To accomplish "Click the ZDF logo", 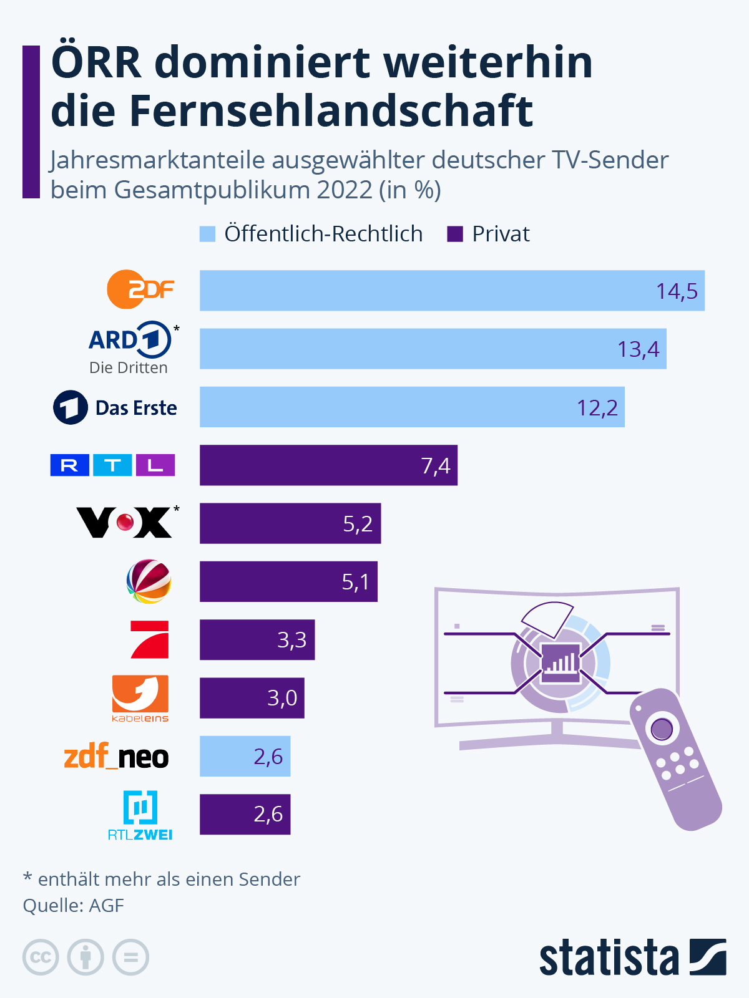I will point(140,289).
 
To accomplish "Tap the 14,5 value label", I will point(677,291).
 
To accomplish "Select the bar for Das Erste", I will point(412,407).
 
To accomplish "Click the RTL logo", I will point(112,465).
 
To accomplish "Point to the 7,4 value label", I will point(435,466).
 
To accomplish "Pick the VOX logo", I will point(125,522).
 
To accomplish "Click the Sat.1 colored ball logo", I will point(149,581).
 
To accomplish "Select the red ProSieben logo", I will point(150,639).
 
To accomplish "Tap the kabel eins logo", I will point(140,698).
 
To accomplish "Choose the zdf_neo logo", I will point(117,757).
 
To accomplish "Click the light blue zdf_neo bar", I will point(245,756).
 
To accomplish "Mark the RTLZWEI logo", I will point(140,815).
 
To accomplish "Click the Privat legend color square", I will point(455,234).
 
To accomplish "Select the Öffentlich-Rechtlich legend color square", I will point(207,234).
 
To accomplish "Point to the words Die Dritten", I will point(128,368).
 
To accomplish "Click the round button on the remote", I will point(662,729).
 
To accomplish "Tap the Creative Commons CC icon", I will point(41,957).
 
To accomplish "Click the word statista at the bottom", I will point(609,957).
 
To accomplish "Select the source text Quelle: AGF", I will point(74,905).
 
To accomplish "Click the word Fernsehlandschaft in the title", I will point(331,111).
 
